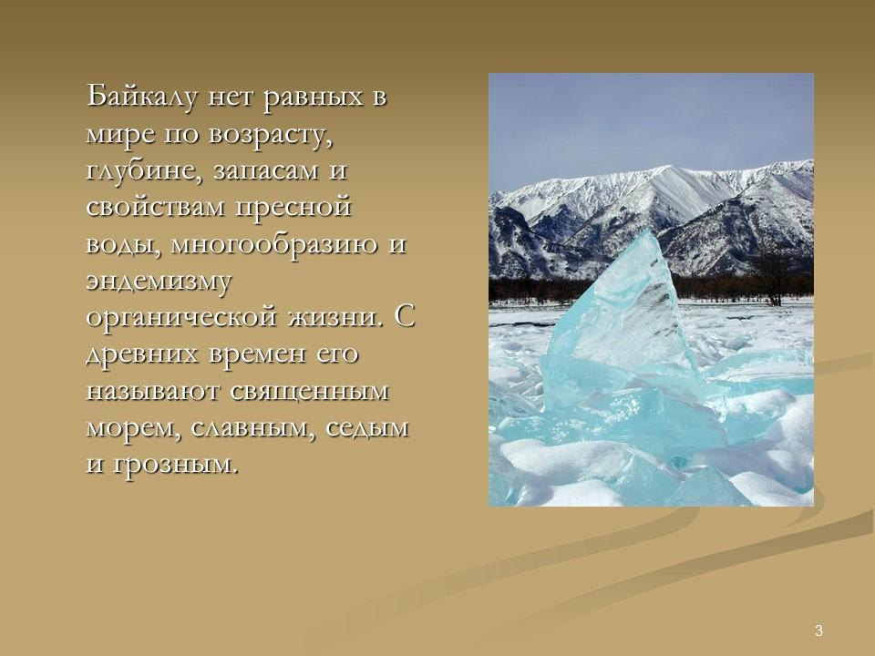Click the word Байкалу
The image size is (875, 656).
coord(142,97)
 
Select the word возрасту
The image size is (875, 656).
coord(271,135)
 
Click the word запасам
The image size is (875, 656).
coord(265,171)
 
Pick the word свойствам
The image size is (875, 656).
coord(155,207)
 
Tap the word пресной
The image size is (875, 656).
coord(293,208)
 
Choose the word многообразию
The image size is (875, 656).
coord(274,244)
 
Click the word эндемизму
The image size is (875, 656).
coord(159,282)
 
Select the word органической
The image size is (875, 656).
coord(181,317)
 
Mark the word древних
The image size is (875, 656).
coord(142,354)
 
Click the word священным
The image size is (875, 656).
coord(309,392)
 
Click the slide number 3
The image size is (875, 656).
coord(818,630)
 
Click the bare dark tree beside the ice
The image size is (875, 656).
coord(774,279)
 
